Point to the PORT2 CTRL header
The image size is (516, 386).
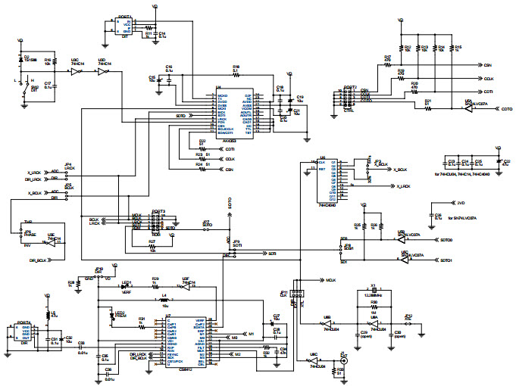[350, 98]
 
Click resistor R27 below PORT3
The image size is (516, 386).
[154, 243]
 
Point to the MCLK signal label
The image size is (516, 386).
[330, 279]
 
